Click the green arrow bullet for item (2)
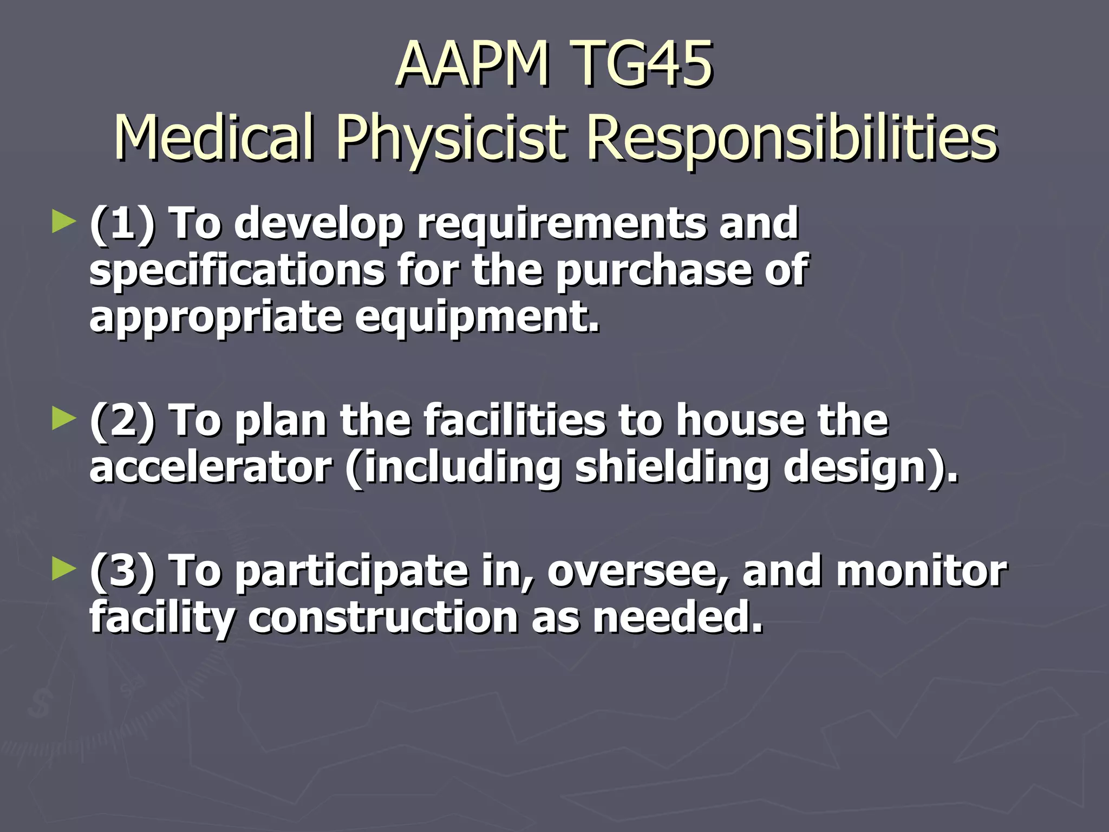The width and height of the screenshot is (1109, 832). [x=64, y=419]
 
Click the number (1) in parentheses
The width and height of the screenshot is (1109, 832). [x=122, y=223]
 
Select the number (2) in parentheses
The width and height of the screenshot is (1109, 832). [x=122, y=420]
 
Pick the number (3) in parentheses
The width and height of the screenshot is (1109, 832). [x=122, y=570]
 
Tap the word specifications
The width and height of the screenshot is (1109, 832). [x=237, y=271]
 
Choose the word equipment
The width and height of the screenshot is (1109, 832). [x=478, y=317]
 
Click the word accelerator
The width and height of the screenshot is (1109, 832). [x=210, y=467]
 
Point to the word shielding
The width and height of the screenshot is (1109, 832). [x=672, y=468]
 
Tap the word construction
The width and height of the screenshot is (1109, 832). [x=383, y=617]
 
